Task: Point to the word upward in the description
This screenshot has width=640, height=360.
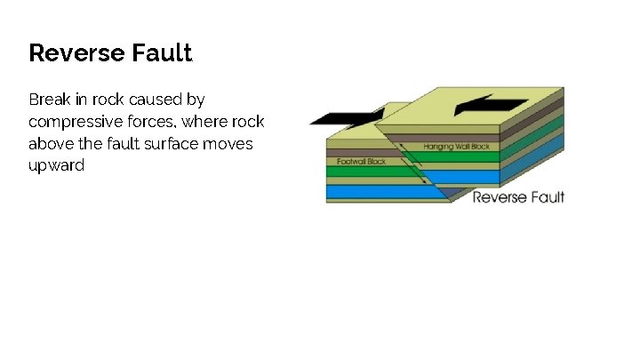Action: tap(56, 165)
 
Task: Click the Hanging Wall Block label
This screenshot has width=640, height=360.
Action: tap(456, 146)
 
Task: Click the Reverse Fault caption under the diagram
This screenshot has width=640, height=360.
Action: tap(518, 196)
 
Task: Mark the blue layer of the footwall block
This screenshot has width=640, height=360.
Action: tap(373, 191)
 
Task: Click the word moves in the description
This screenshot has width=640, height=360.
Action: tap(230, 143)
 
